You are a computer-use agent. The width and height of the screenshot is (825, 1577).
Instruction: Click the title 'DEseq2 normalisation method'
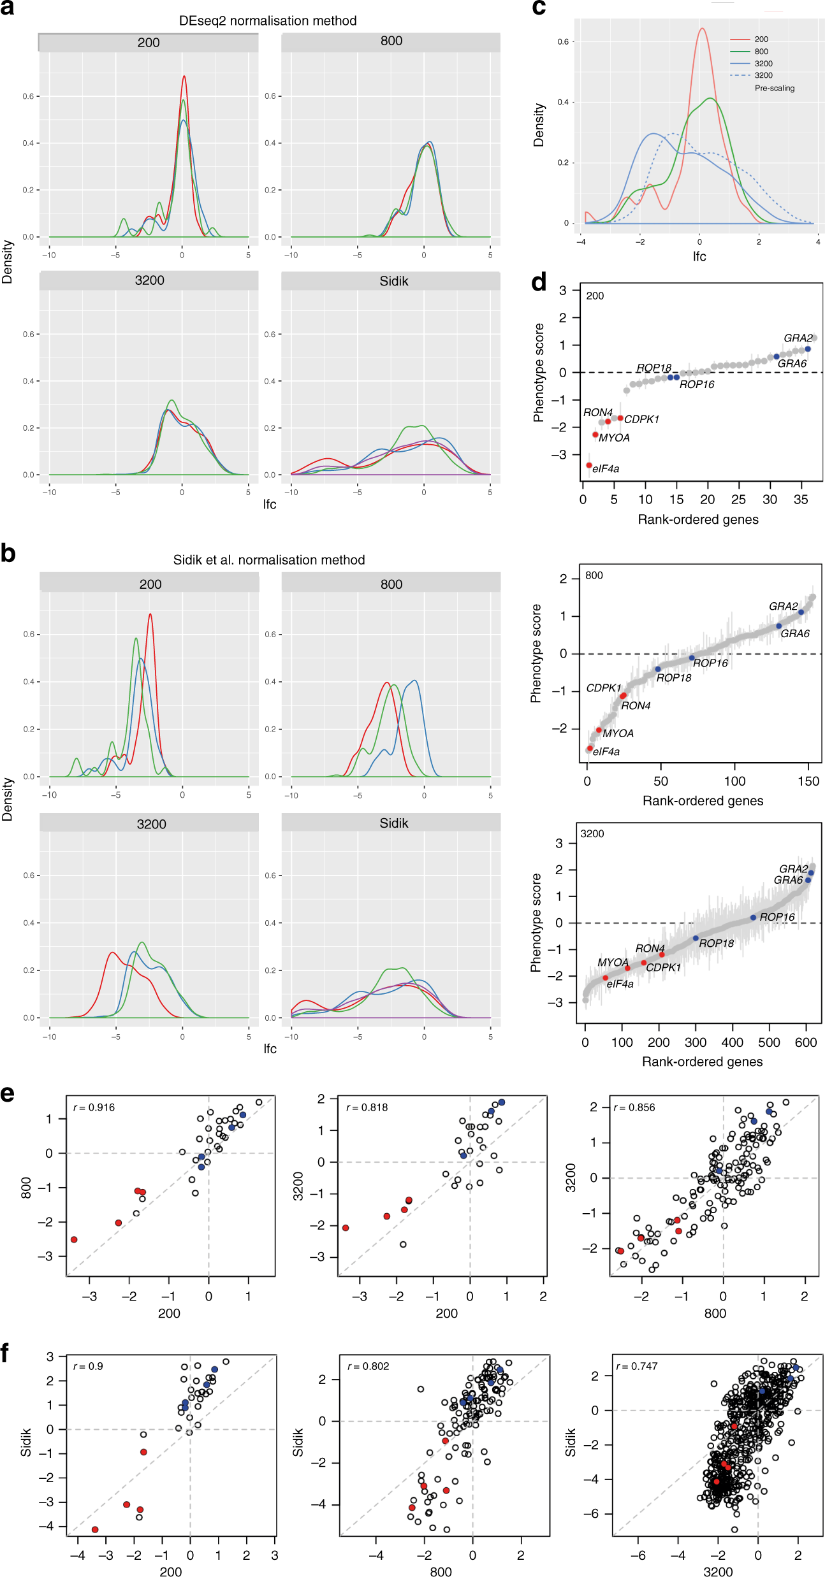268,21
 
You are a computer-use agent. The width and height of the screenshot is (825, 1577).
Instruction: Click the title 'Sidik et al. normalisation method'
269,560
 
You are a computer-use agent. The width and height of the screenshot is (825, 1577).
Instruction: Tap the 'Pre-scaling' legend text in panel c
775,89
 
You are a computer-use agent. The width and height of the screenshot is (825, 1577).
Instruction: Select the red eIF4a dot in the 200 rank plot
589,466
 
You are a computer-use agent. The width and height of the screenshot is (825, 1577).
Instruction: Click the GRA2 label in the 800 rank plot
783,606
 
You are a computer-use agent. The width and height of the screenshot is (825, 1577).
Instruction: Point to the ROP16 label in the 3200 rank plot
777,917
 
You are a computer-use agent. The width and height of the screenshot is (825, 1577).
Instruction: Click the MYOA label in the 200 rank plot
614,438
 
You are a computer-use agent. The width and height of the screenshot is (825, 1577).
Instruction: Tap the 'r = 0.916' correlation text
94,1107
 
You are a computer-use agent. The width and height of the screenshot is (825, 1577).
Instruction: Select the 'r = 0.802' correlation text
368,1366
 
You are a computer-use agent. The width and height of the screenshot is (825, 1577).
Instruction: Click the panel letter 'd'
539,282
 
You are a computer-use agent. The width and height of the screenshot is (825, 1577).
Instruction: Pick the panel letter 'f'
6,1352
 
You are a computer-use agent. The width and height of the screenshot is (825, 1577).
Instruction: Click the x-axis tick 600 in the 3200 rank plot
806,1042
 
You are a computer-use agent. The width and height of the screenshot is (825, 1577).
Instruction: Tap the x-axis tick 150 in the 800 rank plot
808,781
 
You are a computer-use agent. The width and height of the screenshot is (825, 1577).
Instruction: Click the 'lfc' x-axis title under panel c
699,256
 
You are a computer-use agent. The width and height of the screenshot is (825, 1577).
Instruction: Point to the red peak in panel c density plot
702,29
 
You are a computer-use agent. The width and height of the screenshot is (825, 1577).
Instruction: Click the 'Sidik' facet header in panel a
393,281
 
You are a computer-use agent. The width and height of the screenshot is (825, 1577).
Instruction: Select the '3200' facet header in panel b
151,824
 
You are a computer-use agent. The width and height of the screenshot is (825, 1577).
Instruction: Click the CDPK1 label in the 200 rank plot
641,419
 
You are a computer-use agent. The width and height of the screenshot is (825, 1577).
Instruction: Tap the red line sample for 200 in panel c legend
740,40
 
